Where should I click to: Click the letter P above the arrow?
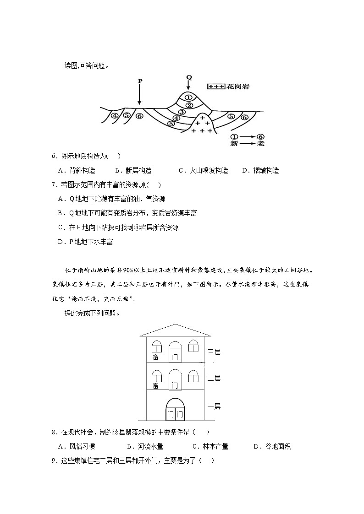coord(140,81)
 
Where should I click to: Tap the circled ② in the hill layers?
coord(188,105)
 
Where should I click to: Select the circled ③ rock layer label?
coord(182,112)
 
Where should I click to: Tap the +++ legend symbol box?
coord(216,86)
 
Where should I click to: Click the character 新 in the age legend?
coord(235,144)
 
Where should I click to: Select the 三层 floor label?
coord(214,352)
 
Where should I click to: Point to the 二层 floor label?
coord(214,378)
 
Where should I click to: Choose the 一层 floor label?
coord(214,406)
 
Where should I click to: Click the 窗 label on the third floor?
coord(156,357)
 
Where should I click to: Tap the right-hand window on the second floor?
coord(193,376)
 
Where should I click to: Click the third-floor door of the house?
coord(175,352)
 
